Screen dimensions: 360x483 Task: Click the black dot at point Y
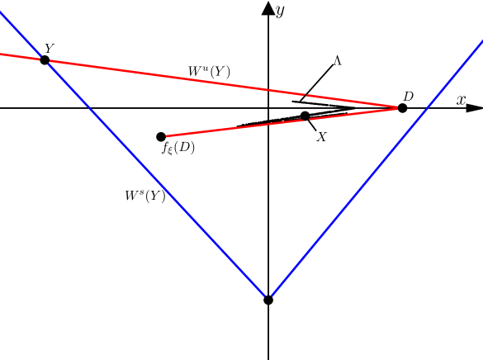(45, 59)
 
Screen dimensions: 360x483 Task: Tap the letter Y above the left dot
(49, 49)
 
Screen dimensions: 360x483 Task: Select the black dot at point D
(402, 108)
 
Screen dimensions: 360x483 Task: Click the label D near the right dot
(408, 97)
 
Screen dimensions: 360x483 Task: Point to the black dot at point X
(305, 116)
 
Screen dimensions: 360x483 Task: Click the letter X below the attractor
(321, 137)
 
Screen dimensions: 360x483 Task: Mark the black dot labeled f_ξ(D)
(161, 136)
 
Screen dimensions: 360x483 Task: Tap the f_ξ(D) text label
(178, 149)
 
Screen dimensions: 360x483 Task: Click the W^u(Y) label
(208, 72)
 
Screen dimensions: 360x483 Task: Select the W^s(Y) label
(145, 197)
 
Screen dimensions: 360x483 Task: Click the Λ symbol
(337, 61)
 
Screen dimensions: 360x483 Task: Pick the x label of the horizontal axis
(461, 100)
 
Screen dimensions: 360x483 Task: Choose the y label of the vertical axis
(281, 11)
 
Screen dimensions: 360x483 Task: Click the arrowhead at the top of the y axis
(268, 7)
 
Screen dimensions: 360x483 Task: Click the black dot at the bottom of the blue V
(268, 300)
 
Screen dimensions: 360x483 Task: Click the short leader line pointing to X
(312, 124)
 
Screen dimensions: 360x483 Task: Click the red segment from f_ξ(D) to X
(231, 126)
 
